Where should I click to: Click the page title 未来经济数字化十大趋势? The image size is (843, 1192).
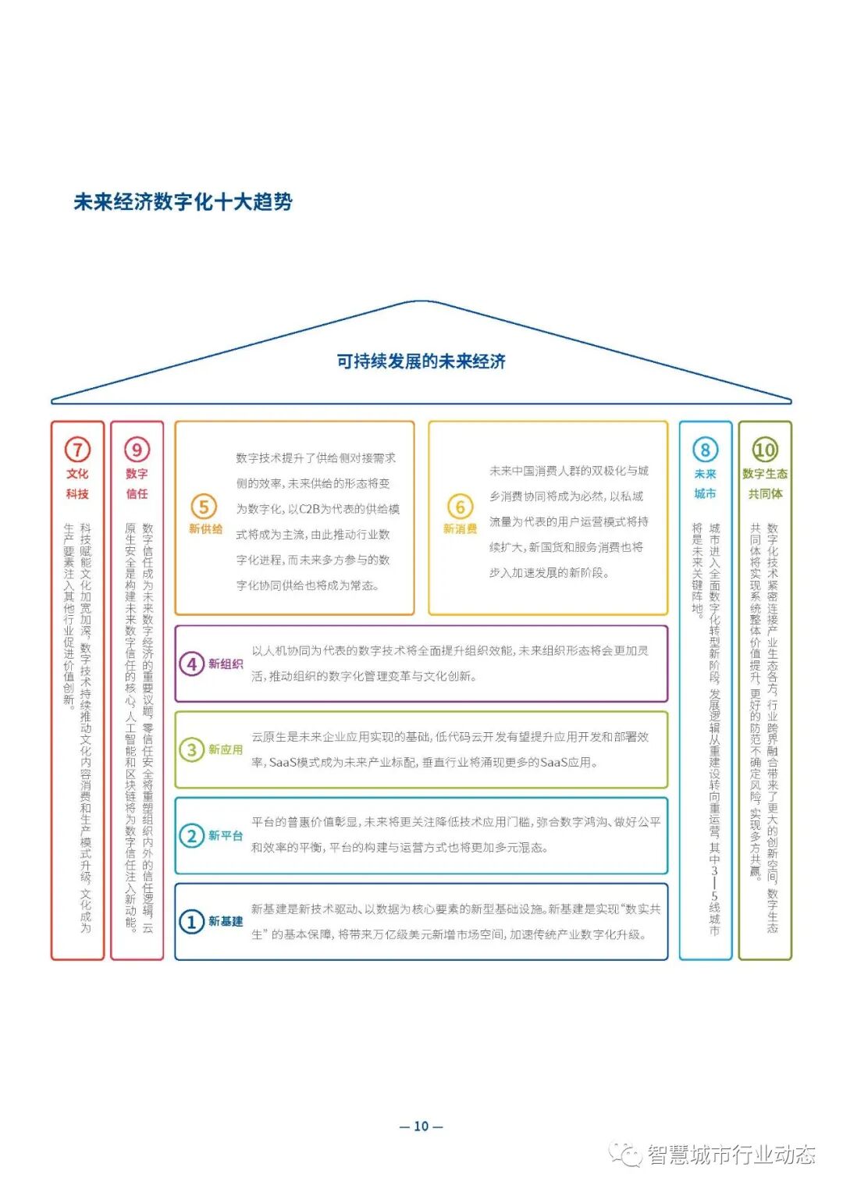[183, 202]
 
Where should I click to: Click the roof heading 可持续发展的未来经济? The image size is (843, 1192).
[421, 361]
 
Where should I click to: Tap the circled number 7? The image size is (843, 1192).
[77, 450]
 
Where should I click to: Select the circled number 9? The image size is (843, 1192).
[137, 450]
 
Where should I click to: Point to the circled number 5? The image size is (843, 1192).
[205, 507]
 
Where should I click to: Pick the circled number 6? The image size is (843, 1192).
[460, 507]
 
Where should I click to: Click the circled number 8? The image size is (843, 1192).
[705, 450]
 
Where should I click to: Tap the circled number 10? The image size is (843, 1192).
[765, 450]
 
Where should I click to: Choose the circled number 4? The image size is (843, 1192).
[191, 664]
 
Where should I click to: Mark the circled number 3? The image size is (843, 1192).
[191, 749]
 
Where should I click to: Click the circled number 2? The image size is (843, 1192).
[191, 835]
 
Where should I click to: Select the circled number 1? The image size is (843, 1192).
[191, 922]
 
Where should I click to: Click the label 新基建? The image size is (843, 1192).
[226, 922]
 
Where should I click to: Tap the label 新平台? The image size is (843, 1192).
[226, 836]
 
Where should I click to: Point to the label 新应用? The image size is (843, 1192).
[226, 750]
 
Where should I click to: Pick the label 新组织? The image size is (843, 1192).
[226, 664]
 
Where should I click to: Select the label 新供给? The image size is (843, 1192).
[205, 529]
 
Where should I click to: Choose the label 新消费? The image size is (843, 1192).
[460, 529]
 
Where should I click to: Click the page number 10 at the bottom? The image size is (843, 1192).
[421, 1126]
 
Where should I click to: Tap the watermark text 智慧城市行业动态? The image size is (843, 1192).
[731, 1155]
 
